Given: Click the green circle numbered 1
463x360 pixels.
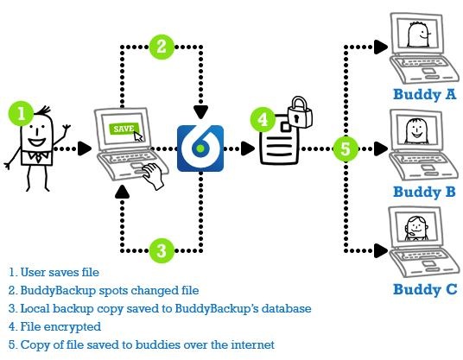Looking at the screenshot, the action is (x=21, y=113).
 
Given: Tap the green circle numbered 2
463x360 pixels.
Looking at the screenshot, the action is (x=162, y=47).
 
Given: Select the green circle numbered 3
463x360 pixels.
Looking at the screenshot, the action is (x=162, y=250).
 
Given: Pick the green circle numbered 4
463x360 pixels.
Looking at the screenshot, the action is (x=263, y=119).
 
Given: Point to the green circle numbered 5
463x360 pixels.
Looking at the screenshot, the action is (x=346, y=148).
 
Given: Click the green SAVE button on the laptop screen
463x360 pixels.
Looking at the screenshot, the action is (x=124, y=129).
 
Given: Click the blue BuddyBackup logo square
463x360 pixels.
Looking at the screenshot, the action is (x=200, y=148).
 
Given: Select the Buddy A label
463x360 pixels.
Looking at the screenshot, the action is (x=424, y=95).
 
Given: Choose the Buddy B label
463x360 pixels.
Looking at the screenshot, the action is (x=424, y=193).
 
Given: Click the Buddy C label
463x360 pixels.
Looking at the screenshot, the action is (x=425, y=289).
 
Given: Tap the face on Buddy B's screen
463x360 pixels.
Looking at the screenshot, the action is (x=416, y=131).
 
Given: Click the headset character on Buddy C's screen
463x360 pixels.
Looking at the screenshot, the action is (x=416, y=228).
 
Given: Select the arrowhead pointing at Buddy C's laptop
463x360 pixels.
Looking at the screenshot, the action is (x=381, y=250).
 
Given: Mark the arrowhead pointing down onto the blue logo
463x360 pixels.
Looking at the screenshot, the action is (x=200, y=112).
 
